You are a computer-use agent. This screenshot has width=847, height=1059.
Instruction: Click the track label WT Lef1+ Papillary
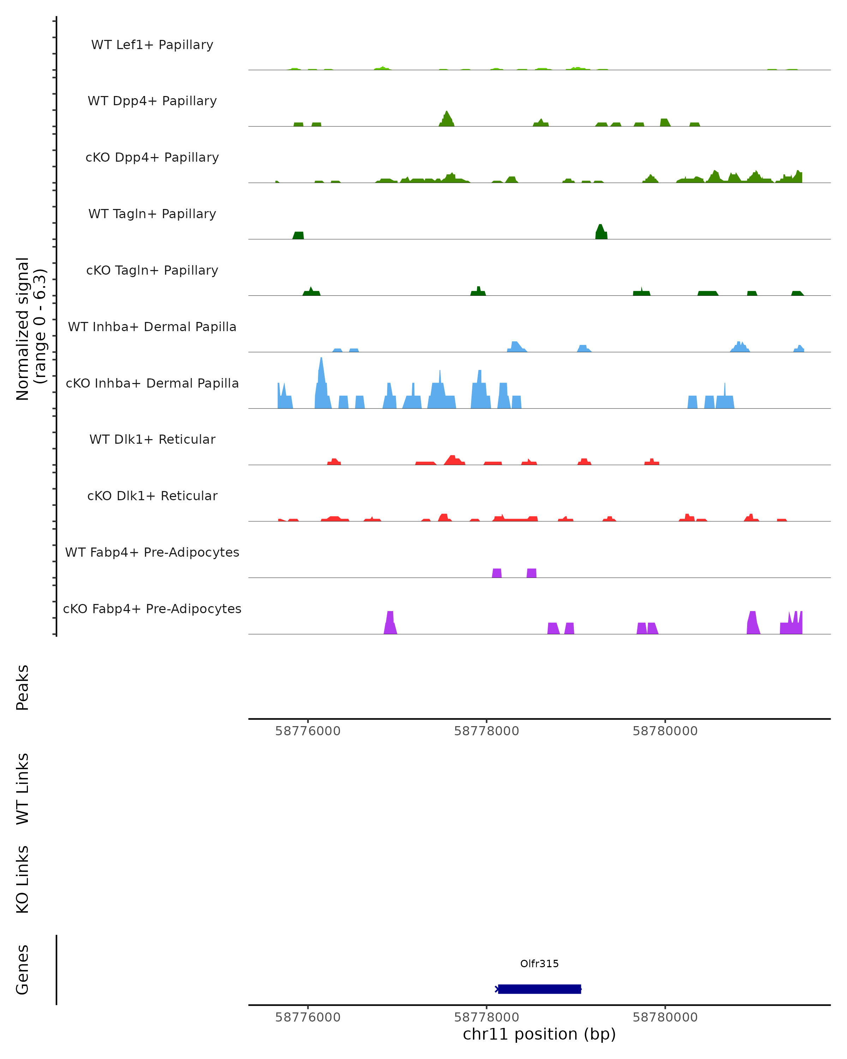pyautogui.click(x=152, y=45)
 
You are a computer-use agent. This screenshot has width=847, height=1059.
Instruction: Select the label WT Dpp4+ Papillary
pyautogui.click(x=152, y=101)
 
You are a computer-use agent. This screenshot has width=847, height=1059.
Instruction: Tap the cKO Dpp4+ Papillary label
pyautogui.click(x=152, y=158)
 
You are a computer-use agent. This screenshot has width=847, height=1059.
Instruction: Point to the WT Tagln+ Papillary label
pyautogui.click(x=152, y=214)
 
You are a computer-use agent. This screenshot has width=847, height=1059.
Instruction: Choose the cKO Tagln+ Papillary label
pyautogui.click(x=152, y=271)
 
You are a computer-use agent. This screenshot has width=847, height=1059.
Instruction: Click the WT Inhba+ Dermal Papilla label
pyautogui.click(x=152, y=327)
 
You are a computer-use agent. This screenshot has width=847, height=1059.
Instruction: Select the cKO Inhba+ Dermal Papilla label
pyautogui.click(x=152, y=384)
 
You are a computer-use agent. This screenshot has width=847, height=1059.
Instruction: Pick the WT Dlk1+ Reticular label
pyautogui.click(x=152, y=439)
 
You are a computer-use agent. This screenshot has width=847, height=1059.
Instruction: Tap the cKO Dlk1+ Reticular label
pyautogui.click(x=152, y=496)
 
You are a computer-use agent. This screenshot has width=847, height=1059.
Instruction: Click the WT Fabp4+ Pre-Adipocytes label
pyautogui.click(x=152, y=552)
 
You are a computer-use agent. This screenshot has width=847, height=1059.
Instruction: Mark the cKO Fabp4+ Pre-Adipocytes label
pyautogui.click(x=152, y=609)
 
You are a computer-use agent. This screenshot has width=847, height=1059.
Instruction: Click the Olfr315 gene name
pyautogui.click(x=539, y=964)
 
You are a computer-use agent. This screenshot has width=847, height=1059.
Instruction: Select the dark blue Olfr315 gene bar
pyautogui.click(x=539, y=989)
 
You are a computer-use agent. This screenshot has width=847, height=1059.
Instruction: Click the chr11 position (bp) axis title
pyautogui.click(x=539, y=1034)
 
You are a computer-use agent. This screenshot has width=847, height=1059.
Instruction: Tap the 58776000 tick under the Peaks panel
pyautogui.click(x=308, y=731)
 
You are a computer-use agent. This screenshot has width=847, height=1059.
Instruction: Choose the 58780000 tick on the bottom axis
pyautogui.click(x=665, y=1017)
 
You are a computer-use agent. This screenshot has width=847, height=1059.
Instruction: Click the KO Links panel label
pyautogui.click(x=23, y=880)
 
